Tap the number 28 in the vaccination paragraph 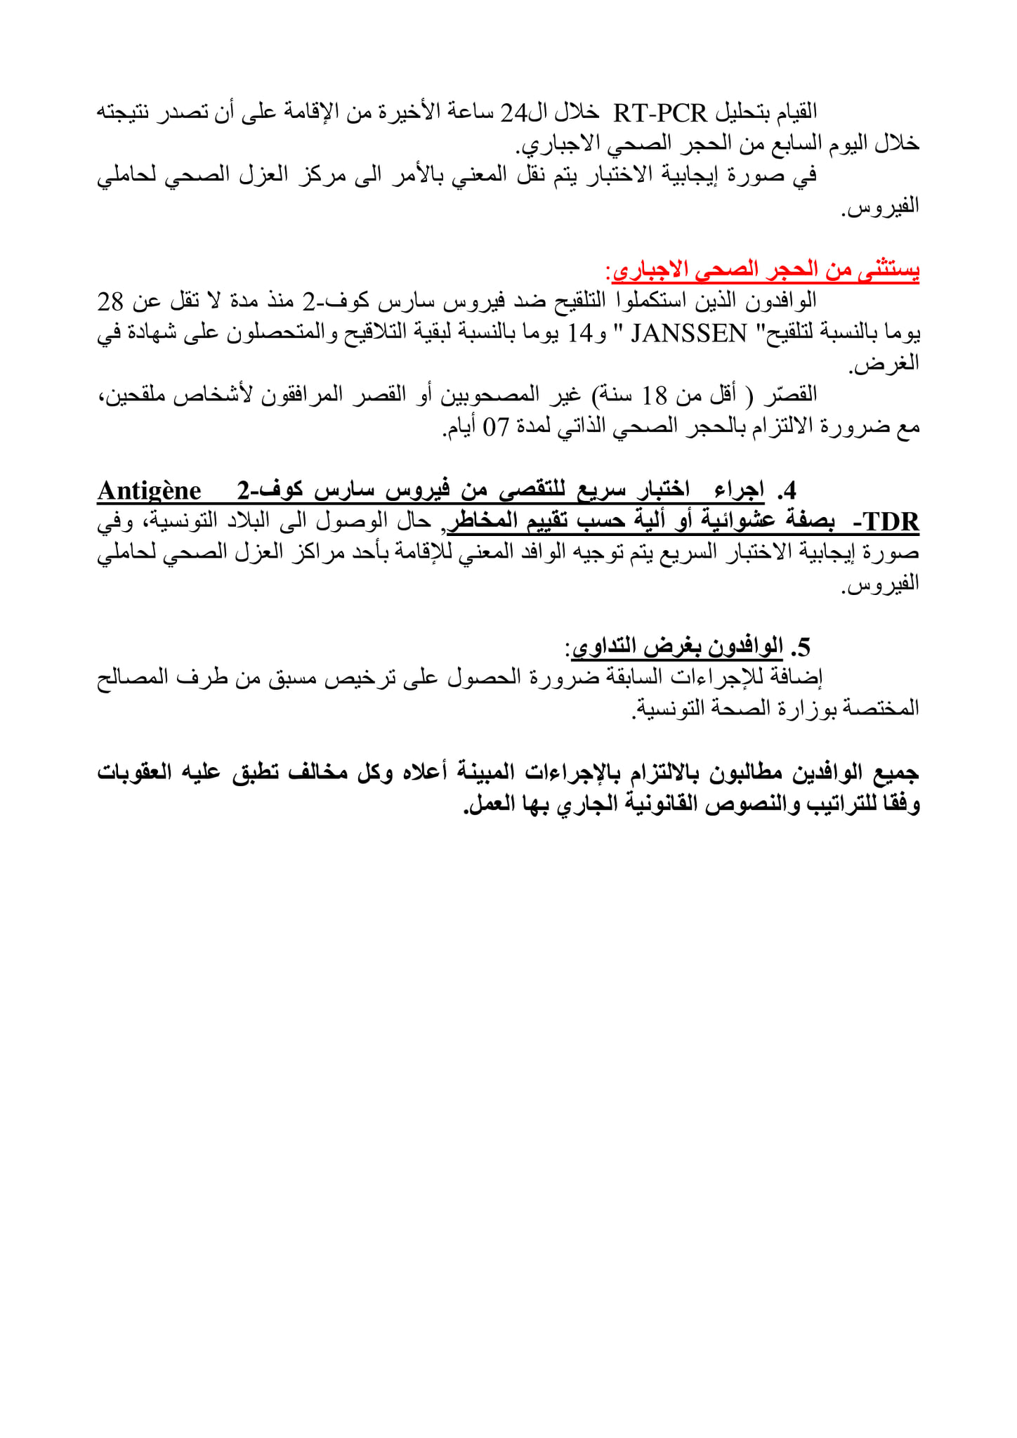tap(110, 301)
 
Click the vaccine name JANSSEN tap(689, 333)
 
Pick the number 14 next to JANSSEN tap(581, 333)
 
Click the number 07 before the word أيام tap(494, 427)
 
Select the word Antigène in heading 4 tap(150, 490)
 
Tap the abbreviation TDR tap(891, 522)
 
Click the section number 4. tap(789, 490)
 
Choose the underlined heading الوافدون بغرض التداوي tap(677, 646)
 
